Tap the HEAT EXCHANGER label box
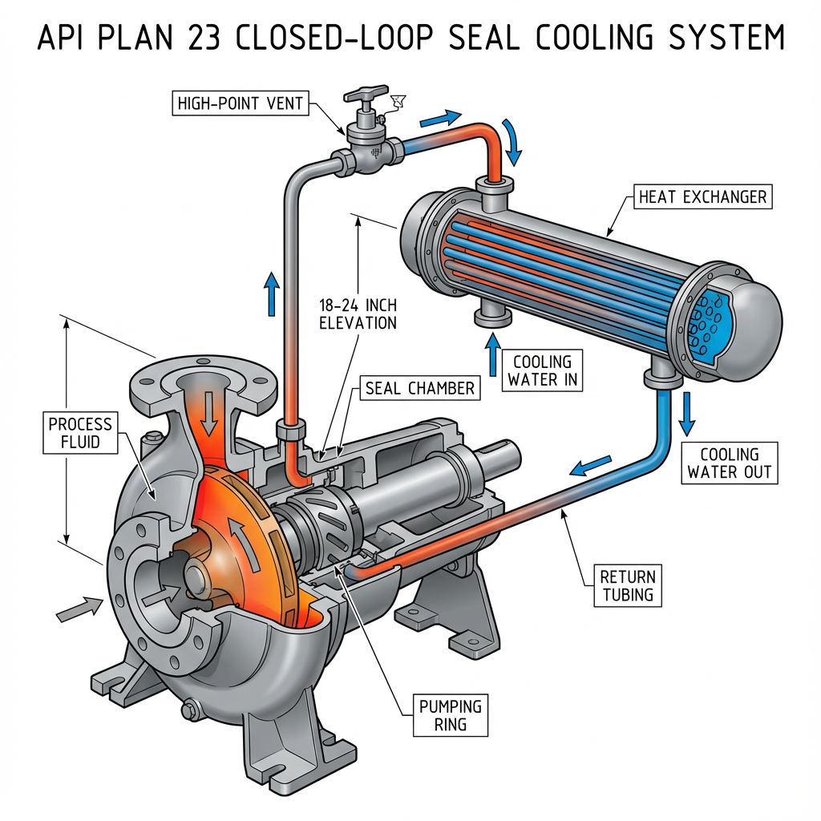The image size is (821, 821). (x=702, y=196)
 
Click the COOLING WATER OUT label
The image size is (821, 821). (x=730, y=463)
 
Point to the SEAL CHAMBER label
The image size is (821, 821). (x=420, y=389)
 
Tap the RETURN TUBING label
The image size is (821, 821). (x=628, y=585)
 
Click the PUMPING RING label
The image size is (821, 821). (x=451, y=716)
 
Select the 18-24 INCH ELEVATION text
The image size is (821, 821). (x=358, y=315)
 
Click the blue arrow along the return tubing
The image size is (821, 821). (x=589, y=465)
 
